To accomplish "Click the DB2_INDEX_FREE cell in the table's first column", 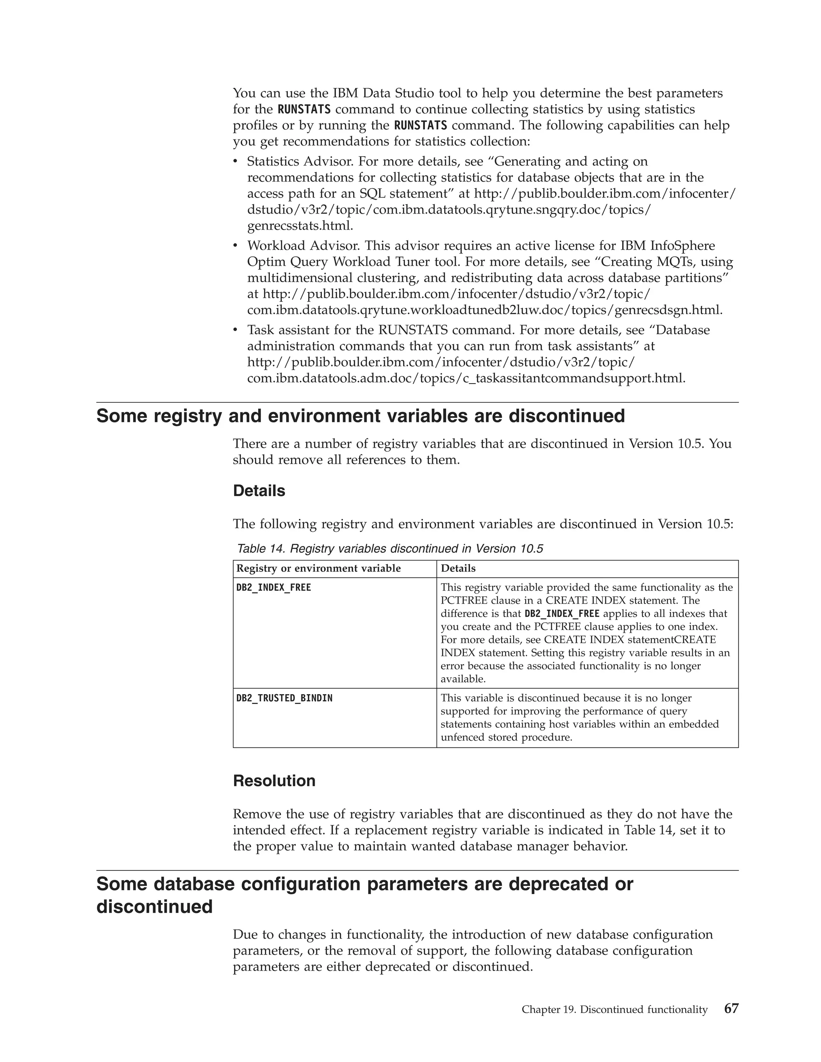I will (273, 588).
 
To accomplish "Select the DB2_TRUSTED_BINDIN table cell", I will (284, 698).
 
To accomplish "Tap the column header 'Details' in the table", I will (458, 568).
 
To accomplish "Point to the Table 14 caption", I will (389, 549).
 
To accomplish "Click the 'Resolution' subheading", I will (274, 780).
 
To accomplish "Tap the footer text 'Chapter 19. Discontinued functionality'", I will (614, 1010).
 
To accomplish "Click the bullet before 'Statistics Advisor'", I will (235, 162).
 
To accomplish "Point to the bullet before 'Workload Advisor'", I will (235, 246).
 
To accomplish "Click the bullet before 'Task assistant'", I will (235, 330).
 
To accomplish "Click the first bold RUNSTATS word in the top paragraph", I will (303, 109).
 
